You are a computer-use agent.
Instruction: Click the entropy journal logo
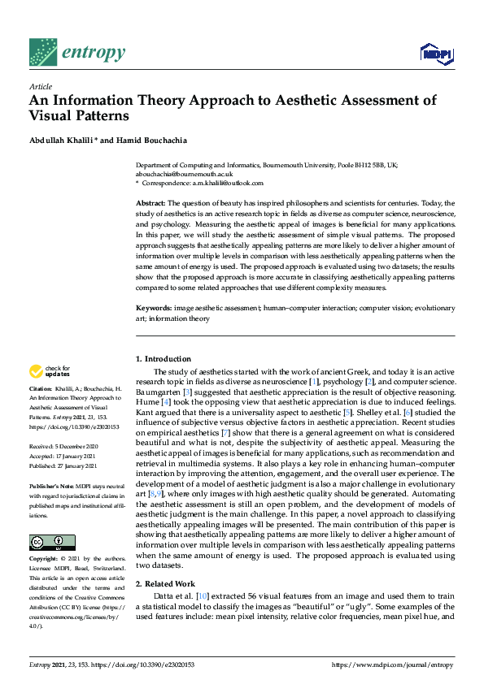coord(76,54)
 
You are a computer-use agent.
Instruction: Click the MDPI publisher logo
coord(436,54)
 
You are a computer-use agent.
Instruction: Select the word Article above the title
coord(40,86)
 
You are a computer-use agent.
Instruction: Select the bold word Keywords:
coord(153,309)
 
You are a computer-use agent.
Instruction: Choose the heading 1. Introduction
coord(163,359)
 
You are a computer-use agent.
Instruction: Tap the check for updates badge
coord(50,371)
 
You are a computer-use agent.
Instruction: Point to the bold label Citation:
coord(41,388)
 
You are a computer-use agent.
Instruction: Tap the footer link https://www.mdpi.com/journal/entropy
coord(393,665)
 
